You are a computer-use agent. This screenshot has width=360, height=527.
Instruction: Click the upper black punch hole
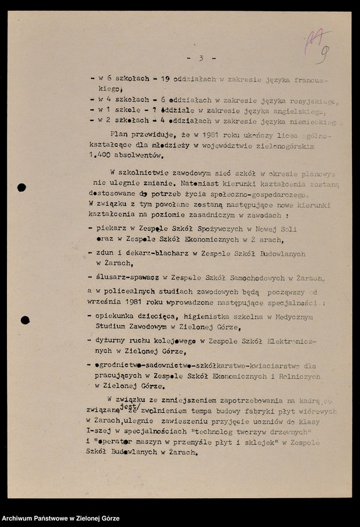[21, 187]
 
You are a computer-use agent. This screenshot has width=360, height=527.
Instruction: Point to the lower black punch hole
[25, 320]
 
